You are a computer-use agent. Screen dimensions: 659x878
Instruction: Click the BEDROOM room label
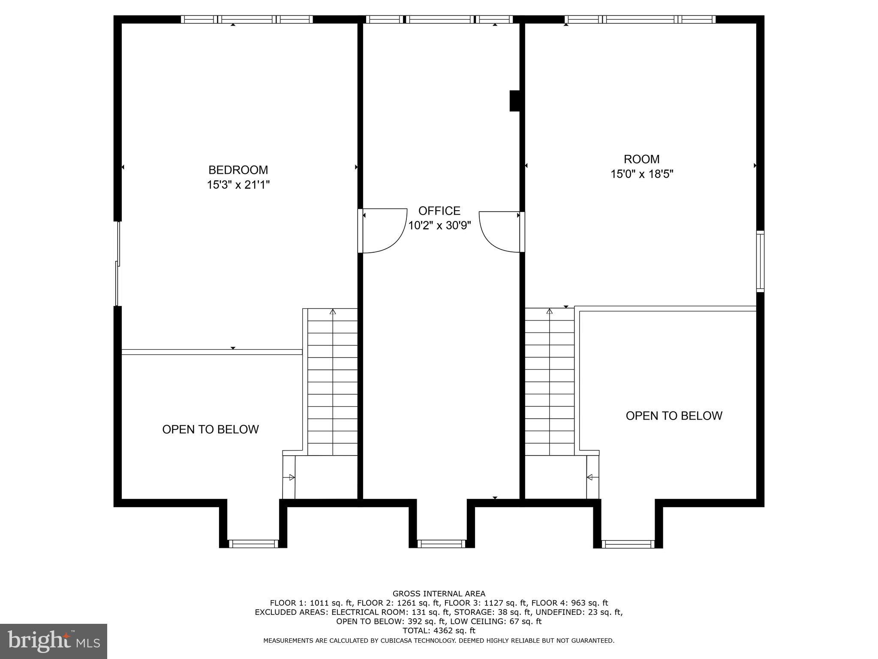pyautogui.click(x=238, y=170)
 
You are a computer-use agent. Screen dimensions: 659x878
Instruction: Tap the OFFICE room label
pyautogui.click(x=439, y=211)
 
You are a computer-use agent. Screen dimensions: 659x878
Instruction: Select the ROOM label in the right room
pyautogui.click(x=641, y=159)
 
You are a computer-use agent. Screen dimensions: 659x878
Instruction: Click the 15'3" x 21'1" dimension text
pyautogui.click(x=238, y=185)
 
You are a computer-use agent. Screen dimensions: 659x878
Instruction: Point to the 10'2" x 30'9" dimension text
pyautogui.click(x=439, y=226)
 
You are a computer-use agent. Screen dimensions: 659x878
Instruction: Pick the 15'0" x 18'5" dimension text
pyautogui.click(x=642, y=174)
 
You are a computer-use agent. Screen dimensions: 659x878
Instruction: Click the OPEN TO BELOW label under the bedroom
pyautogui.click(x=210, y=429)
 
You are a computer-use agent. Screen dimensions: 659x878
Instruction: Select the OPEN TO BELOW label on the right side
pyautogui.click(x=674, y=416)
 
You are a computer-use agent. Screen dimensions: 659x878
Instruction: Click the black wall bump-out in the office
pyautogui.click(x=514, y=101)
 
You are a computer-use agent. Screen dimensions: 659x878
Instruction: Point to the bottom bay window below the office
pyautogui.click(x=441, y=544)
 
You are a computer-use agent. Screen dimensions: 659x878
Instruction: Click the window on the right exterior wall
pyautogui.click(x=760, y=261)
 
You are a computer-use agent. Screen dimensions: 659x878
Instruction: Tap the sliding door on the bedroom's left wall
pyautogui.click(x=117, y=263)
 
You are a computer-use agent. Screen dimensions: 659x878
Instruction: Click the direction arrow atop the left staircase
pyautogui.click(x=333, y=312)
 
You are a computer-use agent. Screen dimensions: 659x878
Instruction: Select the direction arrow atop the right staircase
pyautogui.click(x=550, y=311)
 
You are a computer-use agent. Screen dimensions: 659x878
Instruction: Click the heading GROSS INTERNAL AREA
pyautogui.click(x=439, y=594)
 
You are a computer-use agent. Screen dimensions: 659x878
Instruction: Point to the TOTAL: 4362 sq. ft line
pyautogui.click(x=439, y=631)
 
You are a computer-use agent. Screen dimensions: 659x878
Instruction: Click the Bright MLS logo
pyautogui.click(x=54, y=641)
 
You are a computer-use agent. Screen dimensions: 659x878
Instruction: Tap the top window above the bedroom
pyautogui.click(x=247, y=19)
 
